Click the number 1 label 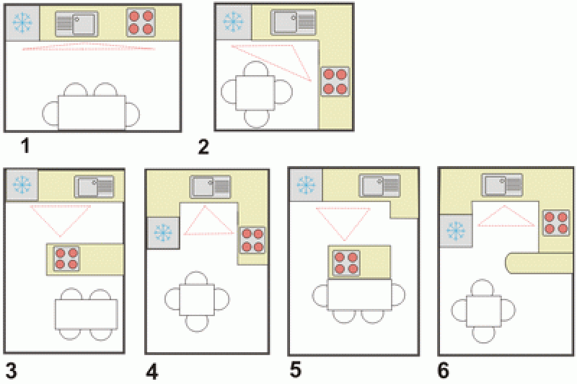[25, 146]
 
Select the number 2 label [203, 147]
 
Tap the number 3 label [11, 371]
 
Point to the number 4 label [152, 372]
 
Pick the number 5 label [296, 370]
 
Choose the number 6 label [443, 370]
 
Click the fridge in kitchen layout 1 [22, 23]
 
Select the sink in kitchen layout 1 [77, 24]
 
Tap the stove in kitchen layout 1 [141, 22]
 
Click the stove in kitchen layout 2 [335, 82]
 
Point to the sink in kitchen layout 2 [294, 22]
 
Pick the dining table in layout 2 [255, 93]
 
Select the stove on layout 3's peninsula [67, 258]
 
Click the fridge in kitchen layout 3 [22, 185]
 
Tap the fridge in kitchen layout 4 [163, 232]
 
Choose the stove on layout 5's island [346, 263]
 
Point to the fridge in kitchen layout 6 [456, 230]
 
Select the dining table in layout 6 [483, 310]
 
